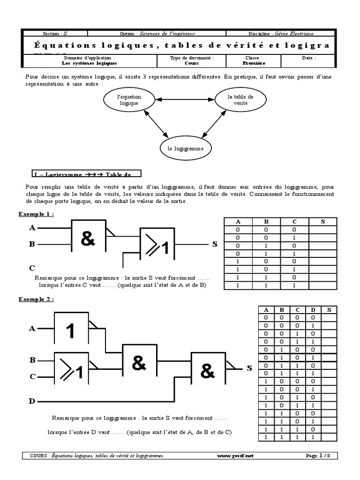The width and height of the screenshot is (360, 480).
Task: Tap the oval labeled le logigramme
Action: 186,149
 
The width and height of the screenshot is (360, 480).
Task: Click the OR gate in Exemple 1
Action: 158,243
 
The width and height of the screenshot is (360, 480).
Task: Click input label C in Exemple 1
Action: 32,268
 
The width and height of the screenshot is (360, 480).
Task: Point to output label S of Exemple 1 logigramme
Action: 215,244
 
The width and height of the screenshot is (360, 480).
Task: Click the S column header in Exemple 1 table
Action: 322,222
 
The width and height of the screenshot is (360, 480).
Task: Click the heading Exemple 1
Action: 36,214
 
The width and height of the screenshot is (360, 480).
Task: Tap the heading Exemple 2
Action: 36,299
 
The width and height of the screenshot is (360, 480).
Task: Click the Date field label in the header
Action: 308,58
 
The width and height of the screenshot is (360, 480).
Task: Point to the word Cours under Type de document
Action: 191,63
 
